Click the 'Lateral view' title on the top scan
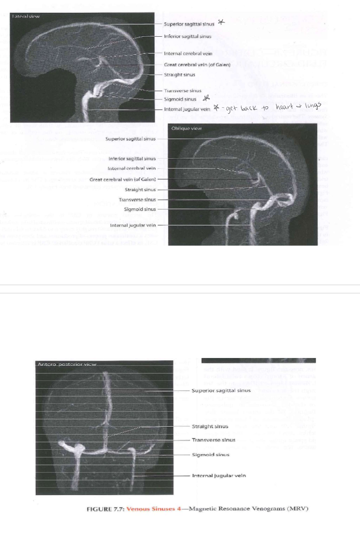[26, 17]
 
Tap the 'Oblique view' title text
[187, 128]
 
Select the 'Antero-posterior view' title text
[65, 364]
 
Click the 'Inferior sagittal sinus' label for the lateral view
[187, 36]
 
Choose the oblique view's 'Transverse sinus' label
[137, 200]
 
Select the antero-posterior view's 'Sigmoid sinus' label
[210, 455]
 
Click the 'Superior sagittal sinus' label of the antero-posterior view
[221, 391]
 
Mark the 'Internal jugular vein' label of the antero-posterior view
[218, 476]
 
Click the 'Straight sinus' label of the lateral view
[179, 74]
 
